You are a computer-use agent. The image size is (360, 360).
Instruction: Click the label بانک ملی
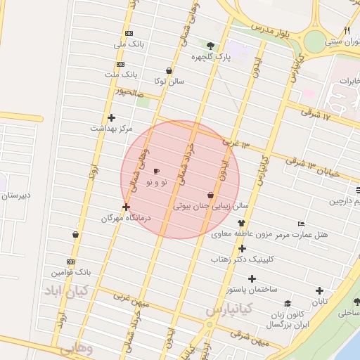coord(129,44)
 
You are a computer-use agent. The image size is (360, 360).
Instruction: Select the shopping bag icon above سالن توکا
coord(169,70)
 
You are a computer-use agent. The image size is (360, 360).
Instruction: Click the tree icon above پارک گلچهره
coord(210,46)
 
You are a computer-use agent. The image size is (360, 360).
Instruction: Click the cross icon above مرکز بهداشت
coord(111,117)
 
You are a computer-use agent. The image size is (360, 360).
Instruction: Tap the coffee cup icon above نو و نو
coord(156,171)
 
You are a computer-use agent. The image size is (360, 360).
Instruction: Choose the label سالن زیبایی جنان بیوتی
coord(212,207)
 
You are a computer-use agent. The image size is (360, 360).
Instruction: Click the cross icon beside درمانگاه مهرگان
coord(126,207)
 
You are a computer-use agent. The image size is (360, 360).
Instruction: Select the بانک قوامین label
coord(72,271)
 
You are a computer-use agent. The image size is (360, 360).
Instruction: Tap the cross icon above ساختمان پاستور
coord(252,278)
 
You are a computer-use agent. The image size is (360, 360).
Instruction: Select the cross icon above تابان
coord(320,290)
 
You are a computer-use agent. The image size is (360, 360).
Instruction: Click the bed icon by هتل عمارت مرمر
coord(302,223)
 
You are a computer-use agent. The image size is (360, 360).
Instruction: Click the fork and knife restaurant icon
coord(347,30)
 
